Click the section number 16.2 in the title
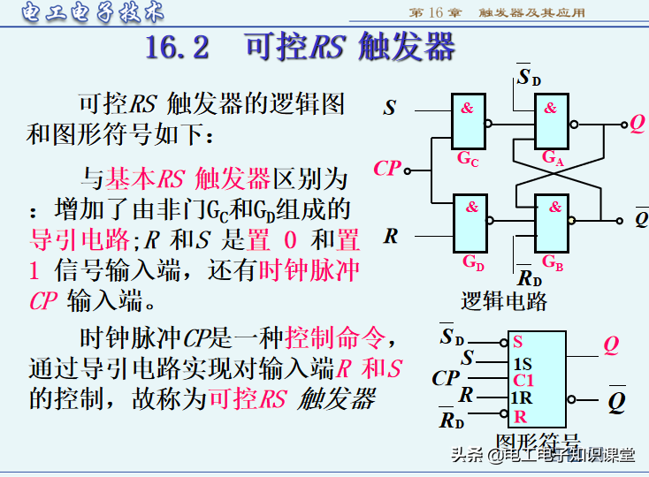pyautogui.click(x=178, y=46)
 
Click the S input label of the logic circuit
pyautogui.click(x=390, y=109)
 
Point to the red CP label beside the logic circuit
pyautogui.click(x=387, y=168)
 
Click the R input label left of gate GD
pyautogui.click(x=391, y=236)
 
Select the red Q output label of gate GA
pyautogui.click(x=637, y=124)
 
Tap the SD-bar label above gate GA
pyautogui.click(x=529, y=78)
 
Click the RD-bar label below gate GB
pyautogui.click(x=529, y=279)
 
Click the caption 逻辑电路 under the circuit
pyautogui.click(x=504, y=301)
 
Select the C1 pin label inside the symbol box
pyautogui.click(x=523, y=380)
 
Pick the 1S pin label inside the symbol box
pyautogui.click(x=522, y=361)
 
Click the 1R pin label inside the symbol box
pyautogui.click(x=522, y=398)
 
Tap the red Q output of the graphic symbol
pyautogui.click(x=611, y=345)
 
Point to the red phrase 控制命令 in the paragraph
pyautogui.click(x=336, y=337)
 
